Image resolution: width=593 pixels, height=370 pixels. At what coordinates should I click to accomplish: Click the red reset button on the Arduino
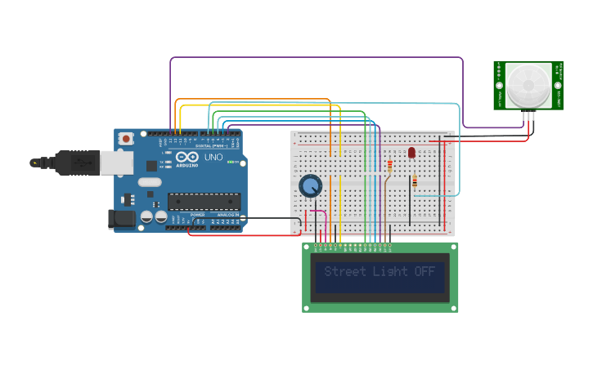(126, 140)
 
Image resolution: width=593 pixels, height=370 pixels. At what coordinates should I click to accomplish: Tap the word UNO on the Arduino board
(213, 157)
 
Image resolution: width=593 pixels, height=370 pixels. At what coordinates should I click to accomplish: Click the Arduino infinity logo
(186, 157)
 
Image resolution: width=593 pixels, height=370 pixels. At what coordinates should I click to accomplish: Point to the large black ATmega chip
(204, 201)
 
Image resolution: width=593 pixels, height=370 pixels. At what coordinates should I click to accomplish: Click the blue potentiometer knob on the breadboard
(310, 186)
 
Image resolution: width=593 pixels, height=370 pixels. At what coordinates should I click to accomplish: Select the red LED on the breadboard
(411, 152)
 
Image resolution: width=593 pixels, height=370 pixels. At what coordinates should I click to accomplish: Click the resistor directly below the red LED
(414, 181)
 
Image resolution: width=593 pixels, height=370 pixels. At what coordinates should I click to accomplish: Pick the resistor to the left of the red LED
(389, 167)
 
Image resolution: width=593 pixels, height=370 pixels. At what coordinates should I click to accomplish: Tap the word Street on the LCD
(344, 271)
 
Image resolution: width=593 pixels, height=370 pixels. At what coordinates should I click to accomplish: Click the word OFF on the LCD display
(425, 271)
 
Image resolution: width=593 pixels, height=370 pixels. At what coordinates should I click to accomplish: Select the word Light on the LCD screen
(390, 271)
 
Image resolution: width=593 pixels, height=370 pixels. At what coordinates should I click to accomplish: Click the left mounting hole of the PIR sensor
(499, 85)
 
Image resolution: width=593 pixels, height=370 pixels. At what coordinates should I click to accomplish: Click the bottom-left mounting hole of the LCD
(308, 308)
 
